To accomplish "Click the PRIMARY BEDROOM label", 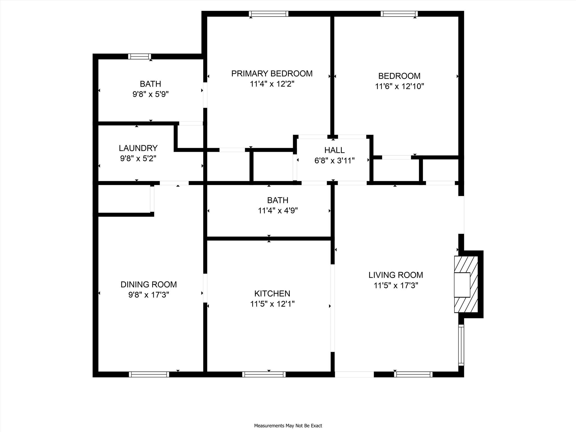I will coord(272,74).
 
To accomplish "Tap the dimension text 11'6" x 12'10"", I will coord(399,86).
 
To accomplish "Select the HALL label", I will coord(334,150).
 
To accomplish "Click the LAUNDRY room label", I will coord(138,148).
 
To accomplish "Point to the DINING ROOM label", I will coord(148,285).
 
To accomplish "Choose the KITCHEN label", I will coord(272,294).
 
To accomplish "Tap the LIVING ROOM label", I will coord(396,275).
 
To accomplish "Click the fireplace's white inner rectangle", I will coord(462,285).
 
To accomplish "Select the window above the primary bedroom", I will coord(269,14).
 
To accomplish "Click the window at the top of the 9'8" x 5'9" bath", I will coord(140,57).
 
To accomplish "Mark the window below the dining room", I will coord(149,374).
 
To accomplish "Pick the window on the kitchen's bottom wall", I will coord(264,374).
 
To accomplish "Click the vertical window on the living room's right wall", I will coord(461,345).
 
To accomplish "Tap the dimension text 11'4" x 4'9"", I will coord(278,211).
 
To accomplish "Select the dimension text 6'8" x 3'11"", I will coord(334,161).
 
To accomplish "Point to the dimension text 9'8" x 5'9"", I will coord(150,94).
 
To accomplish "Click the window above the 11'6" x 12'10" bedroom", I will coord(399,14).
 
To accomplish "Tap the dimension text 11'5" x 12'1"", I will coord(272,304).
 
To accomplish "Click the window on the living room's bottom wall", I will coord(413,374).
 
